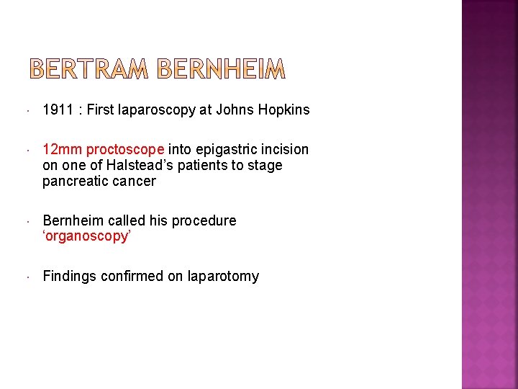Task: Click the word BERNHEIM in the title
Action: coord(221,69)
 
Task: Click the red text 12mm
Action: coord(63,150)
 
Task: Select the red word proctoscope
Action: coord(125,150)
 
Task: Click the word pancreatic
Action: coord(75,182)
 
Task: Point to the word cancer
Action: coord(133,182)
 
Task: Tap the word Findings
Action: coord(70,277)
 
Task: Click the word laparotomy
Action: coord(223,277)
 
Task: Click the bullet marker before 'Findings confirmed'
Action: coord(27,277)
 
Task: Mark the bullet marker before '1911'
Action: coord(27,111)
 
